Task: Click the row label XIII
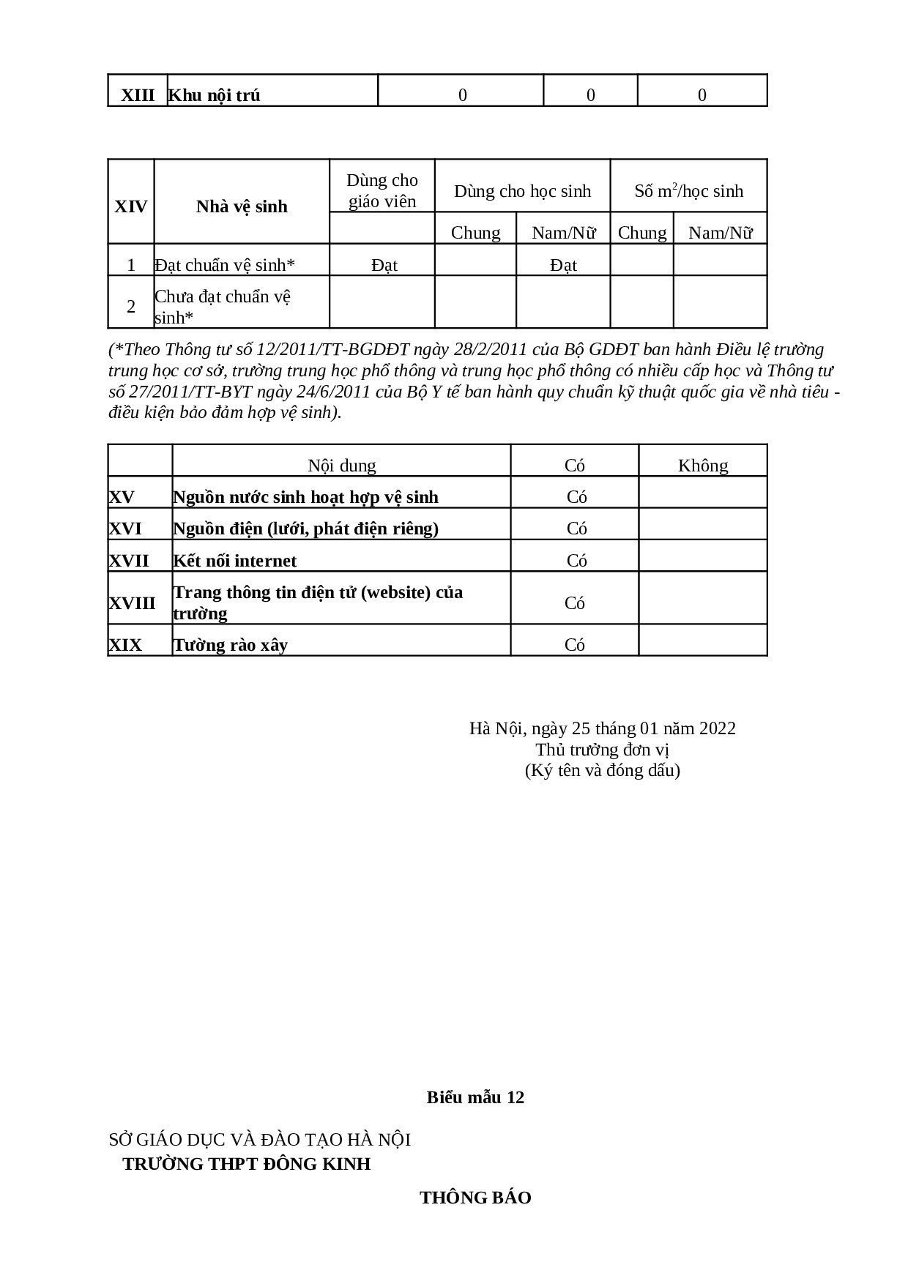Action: pyautogui.click(x=138, y=95)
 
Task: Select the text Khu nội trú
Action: pyautogui.click(x=215, y=95)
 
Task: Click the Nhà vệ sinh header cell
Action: pyautogui.click(x=242, y=206)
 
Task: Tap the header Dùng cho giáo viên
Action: pyautogui.click(x=382, y=191)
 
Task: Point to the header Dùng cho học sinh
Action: pyautogui.click(x=522, y=191)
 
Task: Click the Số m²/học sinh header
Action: pyautogui.click(x=688, y=191)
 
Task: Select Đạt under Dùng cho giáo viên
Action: pyautogui.click(x=384, y=265)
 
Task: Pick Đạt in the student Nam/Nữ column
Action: pyautogui.click(x=563, y=265)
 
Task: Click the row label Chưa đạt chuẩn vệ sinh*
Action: pyautogui.click(x=223, y=307)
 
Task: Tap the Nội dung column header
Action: pyautogui.click(x=341, y=466)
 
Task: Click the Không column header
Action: pyautogui.click(x=703, y=466)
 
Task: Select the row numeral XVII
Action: pyautogui.click(x=129, y=561)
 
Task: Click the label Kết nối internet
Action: pyautogui.click(x=235, y=561)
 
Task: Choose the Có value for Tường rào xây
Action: pyautogui.click(x=575, y=645)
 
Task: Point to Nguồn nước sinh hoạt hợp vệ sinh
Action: pyautogui.click(x=305, y=497)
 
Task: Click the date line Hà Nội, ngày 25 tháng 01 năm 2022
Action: pyautogui.click(x=603, y=728)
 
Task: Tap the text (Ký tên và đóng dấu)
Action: pyautogui.click(x=603, y=770)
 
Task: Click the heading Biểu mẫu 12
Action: pyautogui.click(x=476, y=1097)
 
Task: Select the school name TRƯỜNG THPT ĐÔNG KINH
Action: pyautogui.click(x=247, y=1164)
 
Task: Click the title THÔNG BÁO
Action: pyautogui.click(x=476, y=1198)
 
